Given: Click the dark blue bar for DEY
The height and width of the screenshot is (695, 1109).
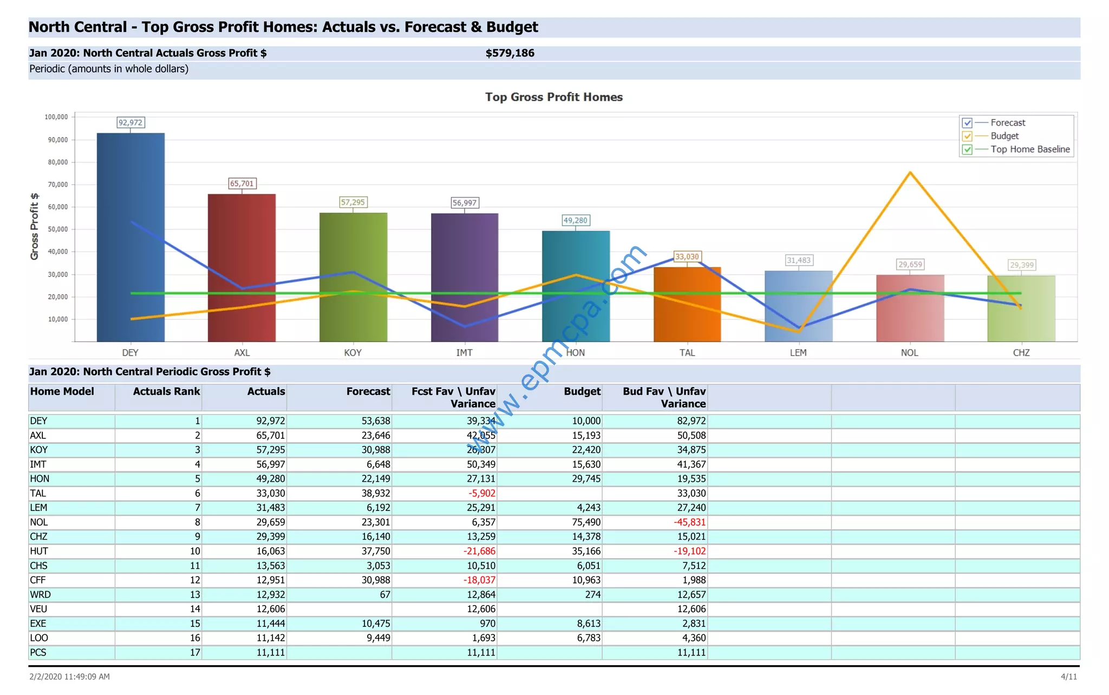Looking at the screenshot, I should point(131,238).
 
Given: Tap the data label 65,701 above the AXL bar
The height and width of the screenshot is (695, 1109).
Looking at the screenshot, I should point(242,183).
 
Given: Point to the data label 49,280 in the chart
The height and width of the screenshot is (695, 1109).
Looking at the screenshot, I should point(575,220).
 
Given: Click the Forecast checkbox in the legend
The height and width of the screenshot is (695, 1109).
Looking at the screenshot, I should point(967,123).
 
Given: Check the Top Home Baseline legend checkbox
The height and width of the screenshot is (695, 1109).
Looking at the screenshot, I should point(967,149).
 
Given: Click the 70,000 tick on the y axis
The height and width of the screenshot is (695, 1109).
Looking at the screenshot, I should point(58,185).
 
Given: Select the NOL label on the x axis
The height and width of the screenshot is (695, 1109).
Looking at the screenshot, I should point(909,352).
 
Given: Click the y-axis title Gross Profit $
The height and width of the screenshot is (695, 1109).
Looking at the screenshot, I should point(35,226).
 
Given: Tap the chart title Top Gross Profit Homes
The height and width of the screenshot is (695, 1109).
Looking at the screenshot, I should point(553,97).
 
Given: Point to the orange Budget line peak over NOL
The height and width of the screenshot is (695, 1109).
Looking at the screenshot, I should point(910,173).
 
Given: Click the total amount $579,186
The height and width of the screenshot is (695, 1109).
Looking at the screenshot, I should point(510,53).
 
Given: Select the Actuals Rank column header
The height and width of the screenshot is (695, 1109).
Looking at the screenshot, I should point(166,391).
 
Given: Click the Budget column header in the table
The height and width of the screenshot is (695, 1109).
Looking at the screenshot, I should point(582,391).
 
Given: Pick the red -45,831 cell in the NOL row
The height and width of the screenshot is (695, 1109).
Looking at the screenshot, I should point(689,522).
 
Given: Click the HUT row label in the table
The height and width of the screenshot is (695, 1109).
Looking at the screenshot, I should point(39,551).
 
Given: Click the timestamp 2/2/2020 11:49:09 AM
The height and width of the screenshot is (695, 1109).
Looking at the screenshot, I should point(69,677).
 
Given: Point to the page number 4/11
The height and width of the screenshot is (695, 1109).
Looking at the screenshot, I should point(1068,677).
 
